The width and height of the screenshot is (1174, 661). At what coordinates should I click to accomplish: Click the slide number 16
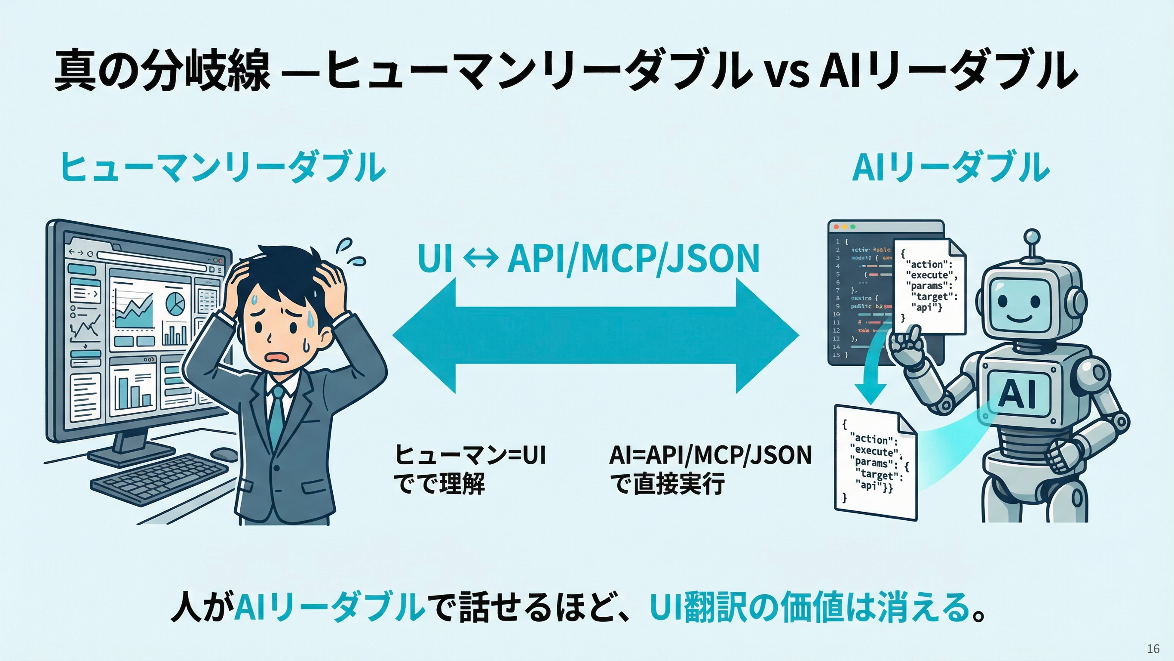1153,648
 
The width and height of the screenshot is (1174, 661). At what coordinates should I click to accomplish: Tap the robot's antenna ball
1031,237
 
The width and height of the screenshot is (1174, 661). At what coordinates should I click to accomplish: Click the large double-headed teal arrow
595,336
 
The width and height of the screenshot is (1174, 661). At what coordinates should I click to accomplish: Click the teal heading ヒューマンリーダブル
222,168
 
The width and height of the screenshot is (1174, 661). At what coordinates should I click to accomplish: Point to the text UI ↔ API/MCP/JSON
588,258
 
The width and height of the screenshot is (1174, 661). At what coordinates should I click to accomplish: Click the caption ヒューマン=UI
470,455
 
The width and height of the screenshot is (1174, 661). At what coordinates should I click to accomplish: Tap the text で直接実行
667,484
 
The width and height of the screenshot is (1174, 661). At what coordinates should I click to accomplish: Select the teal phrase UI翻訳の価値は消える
809,607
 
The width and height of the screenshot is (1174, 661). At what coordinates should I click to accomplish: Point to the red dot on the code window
836,227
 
